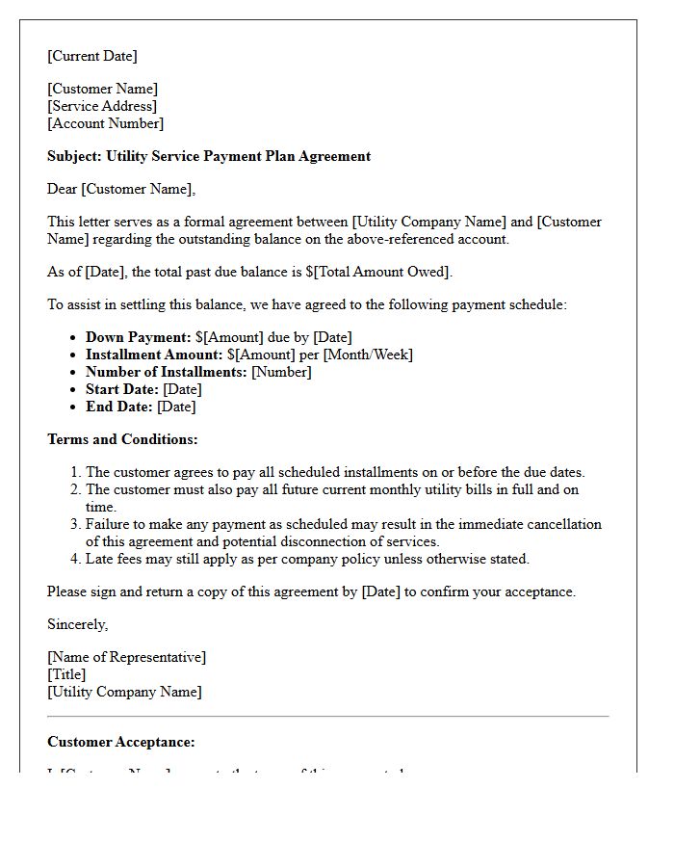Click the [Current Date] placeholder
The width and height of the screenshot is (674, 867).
coord(92,56)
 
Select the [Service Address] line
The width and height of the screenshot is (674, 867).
coord(102,106)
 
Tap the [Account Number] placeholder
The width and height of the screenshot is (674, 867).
coord(106,123)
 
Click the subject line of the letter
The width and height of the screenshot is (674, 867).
coord(209,156)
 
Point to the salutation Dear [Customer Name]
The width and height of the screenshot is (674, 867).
coord(121,189)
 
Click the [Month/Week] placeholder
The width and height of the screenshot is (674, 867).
coord(368,355)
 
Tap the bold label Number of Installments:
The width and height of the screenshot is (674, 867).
coord(167,372)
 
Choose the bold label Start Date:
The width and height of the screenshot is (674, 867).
coord(122,389)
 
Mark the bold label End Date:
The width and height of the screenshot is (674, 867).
coord(119,407)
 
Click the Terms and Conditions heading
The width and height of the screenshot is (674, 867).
coord(122,439)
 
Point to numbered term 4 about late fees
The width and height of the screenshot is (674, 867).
coord(307,559)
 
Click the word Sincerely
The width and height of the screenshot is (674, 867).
coord(78,624)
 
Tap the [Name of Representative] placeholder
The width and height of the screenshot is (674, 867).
coord(127,657)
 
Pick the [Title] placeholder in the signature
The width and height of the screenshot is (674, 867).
coord(66,674)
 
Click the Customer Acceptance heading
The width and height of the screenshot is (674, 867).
coord(121,742)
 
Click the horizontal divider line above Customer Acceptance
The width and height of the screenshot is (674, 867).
coord(328,716)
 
